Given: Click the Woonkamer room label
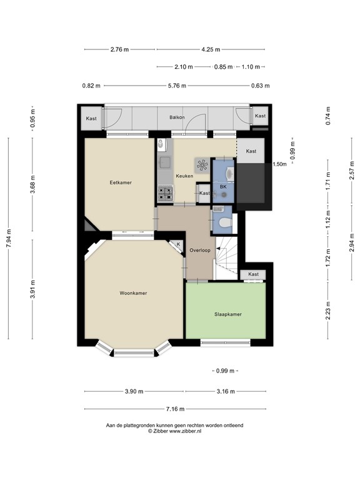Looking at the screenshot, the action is [133, 293].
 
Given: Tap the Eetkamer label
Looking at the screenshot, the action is [121, 182].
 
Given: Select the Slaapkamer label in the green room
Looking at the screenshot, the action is [228, 314].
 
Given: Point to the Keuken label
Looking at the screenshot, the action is [184, 176].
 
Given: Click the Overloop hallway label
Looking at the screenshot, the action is [200, 250].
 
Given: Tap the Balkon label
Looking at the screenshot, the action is [177, 117].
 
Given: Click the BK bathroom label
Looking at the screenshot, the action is [224, 186].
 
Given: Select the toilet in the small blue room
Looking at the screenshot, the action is [226, 222].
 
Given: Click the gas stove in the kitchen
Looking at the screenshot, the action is [165, 194].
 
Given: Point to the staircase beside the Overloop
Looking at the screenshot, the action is [226, 257].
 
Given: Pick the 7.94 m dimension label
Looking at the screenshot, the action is [9, 239].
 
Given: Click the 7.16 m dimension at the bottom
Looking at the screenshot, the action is [175, 409].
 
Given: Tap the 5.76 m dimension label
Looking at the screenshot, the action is [177, 86].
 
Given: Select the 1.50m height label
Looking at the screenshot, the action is [279, 164].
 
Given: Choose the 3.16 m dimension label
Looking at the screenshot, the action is [226, 391].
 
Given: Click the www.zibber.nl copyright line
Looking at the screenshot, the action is [174, 431].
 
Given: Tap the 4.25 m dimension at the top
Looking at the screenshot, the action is [211, 49].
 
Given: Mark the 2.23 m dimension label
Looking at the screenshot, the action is [328, 311].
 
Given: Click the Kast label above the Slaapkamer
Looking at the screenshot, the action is [254, 274].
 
